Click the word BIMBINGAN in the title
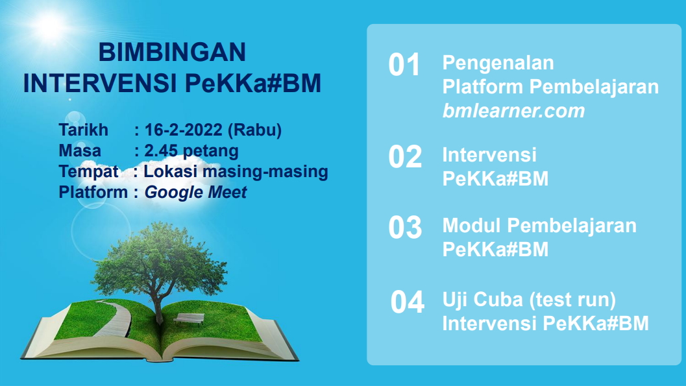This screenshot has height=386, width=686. click(x=172, y=52)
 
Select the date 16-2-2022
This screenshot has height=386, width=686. click(x=184, y=130)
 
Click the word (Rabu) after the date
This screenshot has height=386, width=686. click(x=255, y=130)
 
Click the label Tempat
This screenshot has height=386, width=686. click(x=88, y=172)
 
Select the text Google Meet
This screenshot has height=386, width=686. click(x=195, y=193)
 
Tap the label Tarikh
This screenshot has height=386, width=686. click(x=84, y=130)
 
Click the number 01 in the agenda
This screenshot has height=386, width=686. click(x=404, y=66)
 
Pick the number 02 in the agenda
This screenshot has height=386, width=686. click(x=404, y=158)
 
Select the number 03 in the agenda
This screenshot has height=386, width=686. click(x=404, y=228)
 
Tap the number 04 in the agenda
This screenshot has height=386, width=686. click(x=407, y=303)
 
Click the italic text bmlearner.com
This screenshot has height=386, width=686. click(x=513, y=111)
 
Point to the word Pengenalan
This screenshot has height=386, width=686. click(x=498, y=64)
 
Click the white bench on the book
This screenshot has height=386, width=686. click(x=188, y=319)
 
